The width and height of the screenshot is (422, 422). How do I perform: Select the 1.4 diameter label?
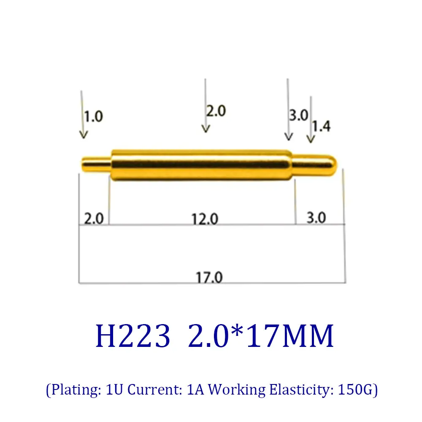tap(322, 126)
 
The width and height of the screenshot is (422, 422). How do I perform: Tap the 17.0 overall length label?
tap(208, 277)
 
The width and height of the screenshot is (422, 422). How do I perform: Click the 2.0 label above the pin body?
tap(216, 111)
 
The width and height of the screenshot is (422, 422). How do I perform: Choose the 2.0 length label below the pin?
tap(94, 219)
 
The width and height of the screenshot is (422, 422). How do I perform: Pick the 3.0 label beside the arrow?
tap(299, 115)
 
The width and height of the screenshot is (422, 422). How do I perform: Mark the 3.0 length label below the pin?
tap(316, 218)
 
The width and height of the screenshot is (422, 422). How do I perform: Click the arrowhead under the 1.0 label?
tap(84, 135)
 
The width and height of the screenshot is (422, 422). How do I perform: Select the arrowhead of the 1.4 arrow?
tap(311, 140)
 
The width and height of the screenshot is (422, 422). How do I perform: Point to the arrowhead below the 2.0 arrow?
tap(206, 129)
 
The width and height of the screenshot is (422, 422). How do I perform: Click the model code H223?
tap(133, 336)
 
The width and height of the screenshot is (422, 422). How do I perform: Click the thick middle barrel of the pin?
tap(202, 165)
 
